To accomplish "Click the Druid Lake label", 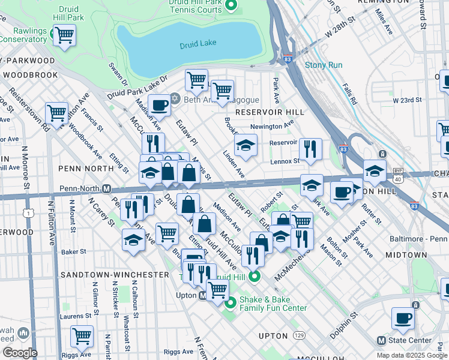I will [x=198, y=45].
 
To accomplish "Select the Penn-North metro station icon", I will [x=106, y=188].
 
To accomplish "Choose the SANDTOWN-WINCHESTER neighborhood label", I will [x=115, y=274].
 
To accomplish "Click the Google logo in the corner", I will [x=19, y=353].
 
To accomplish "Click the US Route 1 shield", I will [x=28, y=212].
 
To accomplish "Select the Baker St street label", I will [x=74, y=251].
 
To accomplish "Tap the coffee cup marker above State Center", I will [x=403, y=317].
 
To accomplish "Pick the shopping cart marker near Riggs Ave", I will [x=82, y=336].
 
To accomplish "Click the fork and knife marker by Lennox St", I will [x=310, y=149].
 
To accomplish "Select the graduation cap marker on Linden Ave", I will [x=246, y=146].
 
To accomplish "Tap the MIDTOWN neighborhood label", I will [x=406, y=255].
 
